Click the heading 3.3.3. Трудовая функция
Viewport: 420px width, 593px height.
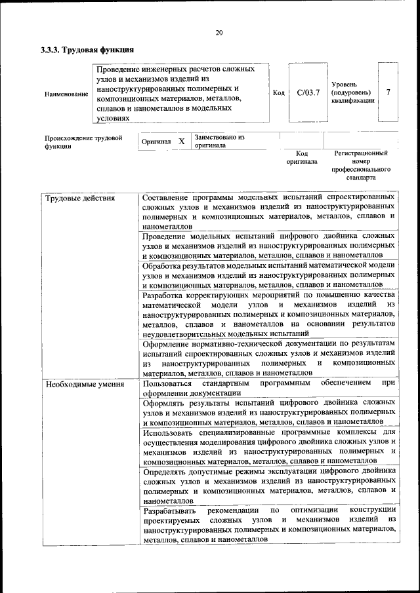click(x=87, y=50)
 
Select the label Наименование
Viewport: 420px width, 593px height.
click(x=66, y=94)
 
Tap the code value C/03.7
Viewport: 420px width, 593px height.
click(x=308, y=92)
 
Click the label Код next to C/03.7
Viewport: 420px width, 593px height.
click(x=278, y=93)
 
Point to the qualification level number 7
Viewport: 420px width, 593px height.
click(x=388, y=92)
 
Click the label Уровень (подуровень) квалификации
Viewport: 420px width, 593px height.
click(x=352, y=93)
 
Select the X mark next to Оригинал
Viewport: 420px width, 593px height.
click(x=181, y=141)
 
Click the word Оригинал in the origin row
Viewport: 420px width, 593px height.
click(x=156, y=142)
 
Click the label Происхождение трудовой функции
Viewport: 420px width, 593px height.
click(x=83, y=142)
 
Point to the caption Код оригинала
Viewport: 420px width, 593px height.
click(x=302, y=157)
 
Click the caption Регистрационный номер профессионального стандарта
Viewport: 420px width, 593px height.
click(x=360, y=164)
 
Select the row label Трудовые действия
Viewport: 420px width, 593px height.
click(x=80, y=197)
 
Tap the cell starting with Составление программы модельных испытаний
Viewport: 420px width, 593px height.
click(x=268, y=210)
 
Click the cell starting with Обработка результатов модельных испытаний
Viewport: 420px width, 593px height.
click(x=268, y=275)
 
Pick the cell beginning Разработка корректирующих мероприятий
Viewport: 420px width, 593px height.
click(x=268, y=314)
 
